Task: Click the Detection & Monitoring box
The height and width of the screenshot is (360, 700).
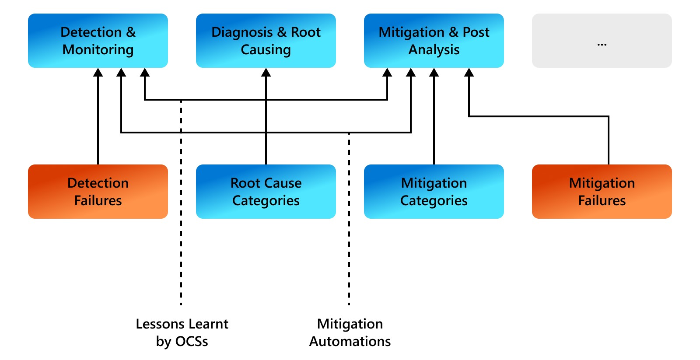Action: tap(98, 41)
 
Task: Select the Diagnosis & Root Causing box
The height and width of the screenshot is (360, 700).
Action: tap(266, 41)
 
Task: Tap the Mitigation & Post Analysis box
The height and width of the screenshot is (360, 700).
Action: tap(434, 41)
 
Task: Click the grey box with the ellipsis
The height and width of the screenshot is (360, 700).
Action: tap(602, 41)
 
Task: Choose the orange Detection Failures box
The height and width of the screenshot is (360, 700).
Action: tap(98, 192)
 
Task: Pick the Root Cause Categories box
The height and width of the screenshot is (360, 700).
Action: tap(266, 192)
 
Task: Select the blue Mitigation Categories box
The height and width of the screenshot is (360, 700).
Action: tap(434, 192)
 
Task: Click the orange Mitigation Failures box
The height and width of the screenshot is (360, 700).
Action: tap(602, 192)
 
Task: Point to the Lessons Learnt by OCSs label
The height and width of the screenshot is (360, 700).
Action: tap(182, 332)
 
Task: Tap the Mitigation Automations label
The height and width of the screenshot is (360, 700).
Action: tap(350, 332)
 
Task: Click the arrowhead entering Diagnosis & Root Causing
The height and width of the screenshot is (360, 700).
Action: tap(266, 73)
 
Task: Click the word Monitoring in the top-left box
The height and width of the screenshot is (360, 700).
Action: tap(98, 50)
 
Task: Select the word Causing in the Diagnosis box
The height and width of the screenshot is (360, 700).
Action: tap(266, 50)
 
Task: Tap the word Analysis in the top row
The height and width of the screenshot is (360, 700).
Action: tap(434, 50)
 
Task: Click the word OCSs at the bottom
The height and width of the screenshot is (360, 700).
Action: tap(192, 341)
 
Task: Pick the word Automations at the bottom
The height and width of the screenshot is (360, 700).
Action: tap(350, 341)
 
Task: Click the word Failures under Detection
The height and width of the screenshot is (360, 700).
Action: tap(98, 201)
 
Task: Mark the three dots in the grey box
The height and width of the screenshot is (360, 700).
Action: tap(602, 45)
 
